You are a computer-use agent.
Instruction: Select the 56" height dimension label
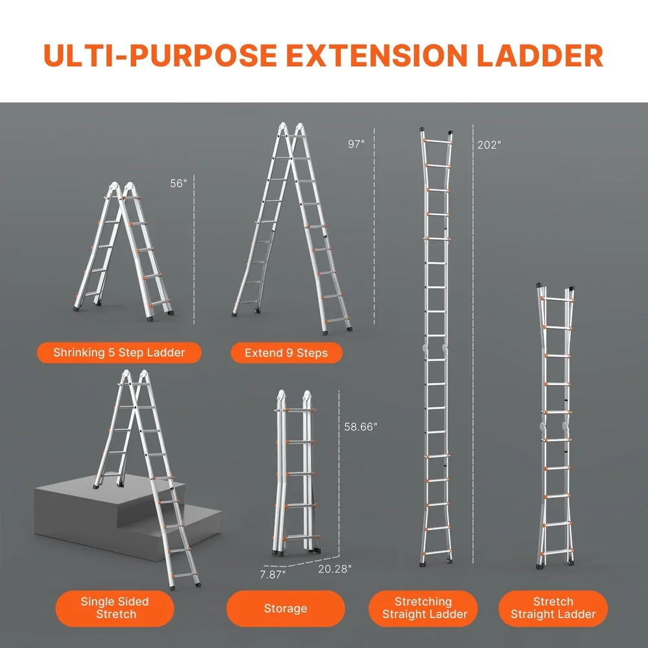pos(178,183)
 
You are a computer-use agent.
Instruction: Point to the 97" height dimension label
pos(356,145)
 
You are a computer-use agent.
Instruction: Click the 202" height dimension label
pos(489,145)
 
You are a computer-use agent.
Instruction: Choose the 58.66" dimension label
pos(361,427)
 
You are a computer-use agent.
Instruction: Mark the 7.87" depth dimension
pos(272,573)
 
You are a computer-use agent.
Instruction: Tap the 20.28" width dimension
pos(334,568)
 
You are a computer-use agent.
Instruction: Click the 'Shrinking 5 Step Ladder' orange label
pos(119,353)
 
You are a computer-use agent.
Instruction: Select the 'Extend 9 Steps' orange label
pos(286,353)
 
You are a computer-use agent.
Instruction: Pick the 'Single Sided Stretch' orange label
pos(115,608)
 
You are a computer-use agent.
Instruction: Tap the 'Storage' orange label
pos(285,608)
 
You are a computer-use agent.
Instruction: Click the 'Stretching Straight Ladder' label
pos(423,608)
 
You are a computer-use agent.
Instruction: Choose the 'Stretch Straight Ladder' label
pos(553,608)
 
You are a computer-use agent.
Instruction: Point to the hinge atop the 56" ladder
pos(122,190)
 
